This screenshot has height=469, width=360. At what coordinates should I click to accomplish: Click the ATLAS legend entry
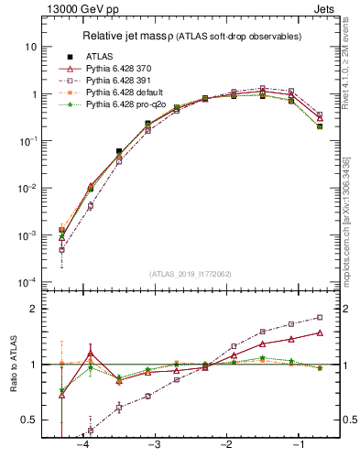pyautogui.click(x=101, y=56)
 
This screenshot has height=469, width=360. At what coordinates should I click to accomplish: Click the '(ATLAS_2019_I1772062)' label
pyautogui.click(x=190, y=273)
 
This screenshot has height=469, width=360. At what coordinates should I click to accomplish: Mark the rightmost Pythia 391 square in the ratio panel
pyautogui.click(x=320, y=318)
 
